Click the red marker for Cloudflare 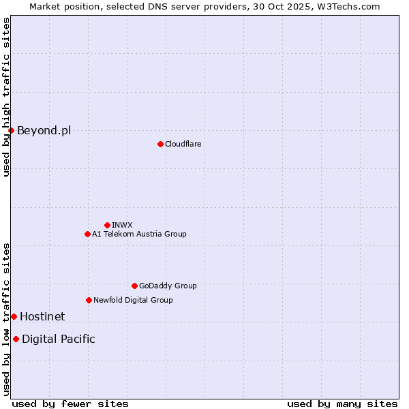click(x=160, y=144)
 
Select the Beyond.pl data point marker click(x=11, y=130)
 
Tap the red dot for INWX click(x=107, y=225)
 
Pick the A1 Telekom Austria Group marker click(x=87, y=234)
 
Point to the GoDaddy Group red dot click(x=134, y=286)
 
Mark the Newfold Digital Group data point click(x=89, y=300)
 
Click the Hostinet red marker click(x=14, y=316)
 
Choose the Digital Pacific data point click(x=16, y=339)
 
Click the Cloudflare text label click(x=183, y=144)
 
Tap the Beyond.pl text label click(x=44, y=130)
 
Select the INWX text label click(x=122, y=225)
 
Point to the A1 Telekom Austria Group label click(x=139, y=234)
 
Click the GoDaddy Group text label click(x=168, y=286)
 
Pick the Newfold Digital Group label click(x=133, y=300)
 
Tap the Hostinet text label click(x=42, y=316)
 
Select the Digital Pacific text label click(x=59, y=339)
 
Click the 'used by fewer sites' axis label click(x=70, y=404)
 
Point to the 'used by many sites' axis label click(x=342, y=404)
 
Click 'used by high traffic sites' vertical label click(x=6, y=97)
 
